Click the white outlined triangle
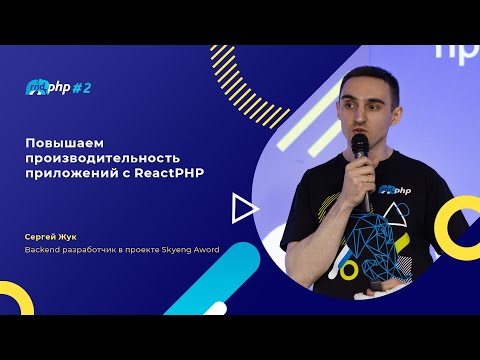click(240, 208)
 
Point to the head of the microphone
click(359, 147)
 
